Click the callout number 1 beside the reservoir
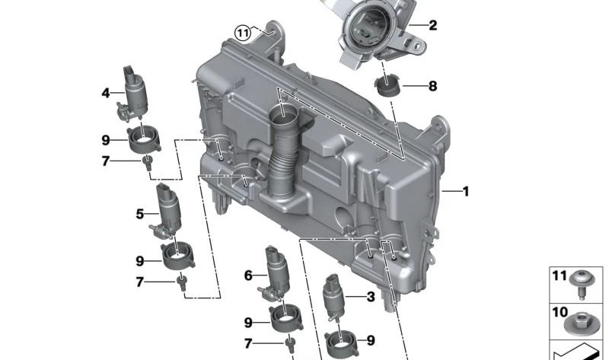coord(466,191)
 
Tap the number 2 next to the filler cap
coord(432,25)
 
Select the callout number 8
coord(432,86)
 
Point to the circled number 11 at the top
coord(243,33)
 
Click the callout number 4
coord(106,93)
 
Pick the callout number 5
coord(140,214)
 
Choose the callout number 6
coord(249,276)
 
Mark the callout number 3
coord(371,297)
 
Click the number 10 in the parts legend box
coord(560,312)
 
